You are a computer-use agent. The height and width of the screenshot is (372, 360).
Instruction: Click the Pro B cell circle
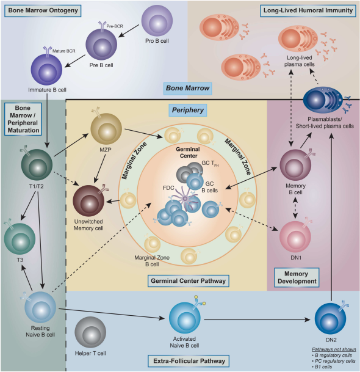pyautogui.click(x=157, y=21)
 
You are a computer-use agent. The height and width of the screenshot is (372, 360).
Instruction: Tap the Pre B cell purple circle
pyautogui.click(x=101, y=44)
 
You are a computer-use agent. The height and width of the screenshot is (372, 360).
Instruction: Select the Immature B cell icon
pyautogui.click(x=46, y=69)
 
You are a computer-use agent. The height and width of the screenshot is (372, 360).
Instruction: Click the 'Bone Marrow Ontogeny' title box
pyautogui.click(x=43, y=10)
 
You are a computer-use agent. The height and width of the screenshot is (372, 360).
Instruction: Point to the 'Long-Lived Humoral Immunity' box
pyautogui.click(x=308, y=10)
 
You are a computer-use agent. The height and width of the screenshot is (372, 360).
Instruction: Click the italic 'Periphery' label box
pyautogui.click(x=188, y=110)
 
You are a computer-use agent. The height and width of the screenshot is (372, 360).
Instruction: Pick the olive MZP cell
pyautogui.click(x=106, y=129)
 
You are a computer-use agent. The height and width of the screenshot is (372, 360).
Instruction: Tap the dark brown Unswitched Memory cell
pyautogui.click(x=88, y=201)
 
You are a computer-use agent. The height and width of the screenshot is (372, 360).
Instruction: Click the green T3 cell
pyautogui.click(x=20, y=239)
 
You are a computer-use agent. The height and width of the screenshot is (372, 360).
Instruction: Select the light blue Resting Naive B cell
pyautogui.click(x=40, y=307)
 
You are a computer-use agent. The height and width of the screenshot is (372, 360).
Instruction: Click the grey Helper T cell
pyautogui.click(x=90, y=332)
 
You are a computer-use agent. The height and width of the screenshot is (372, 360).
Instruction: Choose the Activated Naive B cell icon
pyautogui.click(x=185, y=318)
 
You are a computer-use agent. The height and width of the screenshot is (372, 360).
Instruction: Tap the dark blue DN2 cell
pyautogui.click(x=330, y=319)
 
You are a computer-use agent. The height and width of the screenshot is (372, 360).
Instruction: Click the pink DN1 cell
pyautogui.click(x=295, y=237)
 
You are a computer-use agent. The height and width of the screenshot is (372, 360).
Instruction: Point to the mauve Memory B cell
pyautogui.click(x=295, y=165)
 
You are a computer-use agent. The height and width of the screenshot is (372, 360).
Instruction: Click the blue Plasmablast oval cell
pyautogui.click(x=323, y=100)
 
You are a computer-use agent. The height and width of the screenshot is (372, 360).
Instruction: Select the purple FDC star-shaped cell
pyautogui.click(x=185, y=199)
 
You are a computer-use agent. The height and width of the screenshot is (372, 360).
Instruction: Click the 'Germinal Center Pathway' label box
pyautogui.click(x=189, y=281)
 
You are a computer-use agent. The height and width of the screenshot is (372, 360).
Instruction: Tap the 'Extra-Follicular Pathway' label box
pyautogui.click(x=189, y=361)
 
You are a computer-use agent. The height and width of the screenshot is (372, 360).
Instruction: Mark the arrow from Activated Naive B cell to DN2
pyautogui.click(x=257, y=320)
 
